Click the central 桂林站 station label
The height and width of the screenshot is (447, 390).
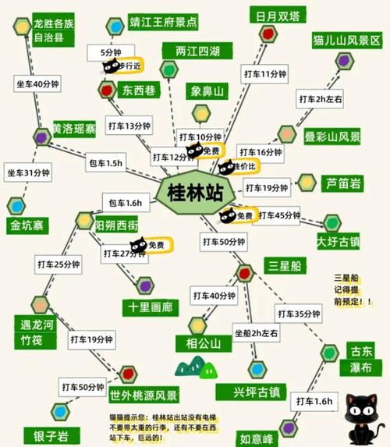(194, 192)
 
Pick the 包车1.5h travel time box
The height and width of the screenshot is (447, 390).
(105, 163)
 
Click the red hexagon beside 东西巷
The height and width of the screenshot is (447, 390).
(108, 90)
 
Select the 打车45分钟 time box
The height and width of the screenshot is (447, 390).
(278, 215)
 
